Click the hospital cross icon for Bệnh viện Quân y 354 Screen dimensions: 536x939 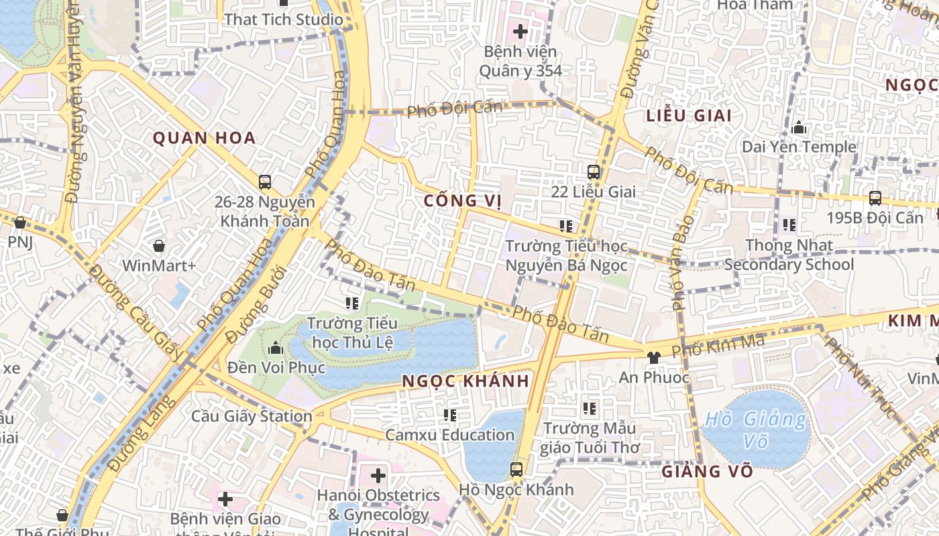coord(520,31)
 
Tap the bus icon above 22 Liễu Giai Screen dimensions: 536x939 coord(593,172)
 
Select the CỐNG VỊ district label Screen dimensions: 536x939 coord(463,201)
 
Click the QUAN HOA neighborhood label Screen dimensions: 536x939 coord(205,139)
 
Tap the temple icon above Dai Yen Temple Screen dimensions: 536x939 coord(799,127)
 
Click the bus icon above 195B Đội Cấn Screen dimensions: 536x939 coord(875,198)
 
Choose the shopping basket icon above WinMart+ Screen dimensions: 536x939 coord(159,246)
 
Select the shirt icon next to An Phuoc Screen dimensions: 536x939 coord(653,357)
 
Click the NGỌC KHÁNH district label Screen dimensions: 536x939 coord(466,381)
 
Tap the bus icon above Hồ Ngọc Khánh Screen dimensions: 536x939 coord(516,470)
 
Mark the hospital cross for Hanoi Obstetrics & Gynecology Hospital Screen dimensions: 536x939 coord(378,476)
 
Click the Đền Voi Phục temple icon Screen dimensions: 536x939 coord(276,348)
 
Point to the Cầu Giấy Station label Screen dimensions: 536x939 coord(252,416)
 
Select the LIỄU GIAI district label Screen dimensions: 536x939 coord(689,115)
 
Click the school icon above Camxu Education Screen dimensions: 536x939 coord(450,415)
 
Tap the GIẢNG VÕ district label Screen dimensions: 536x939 coord(707,472)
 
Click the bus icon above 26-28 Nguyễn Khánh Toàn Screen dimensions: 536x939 coord(265,182)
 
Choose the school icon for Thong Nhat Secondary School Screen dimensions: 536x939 coord(789,225)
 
